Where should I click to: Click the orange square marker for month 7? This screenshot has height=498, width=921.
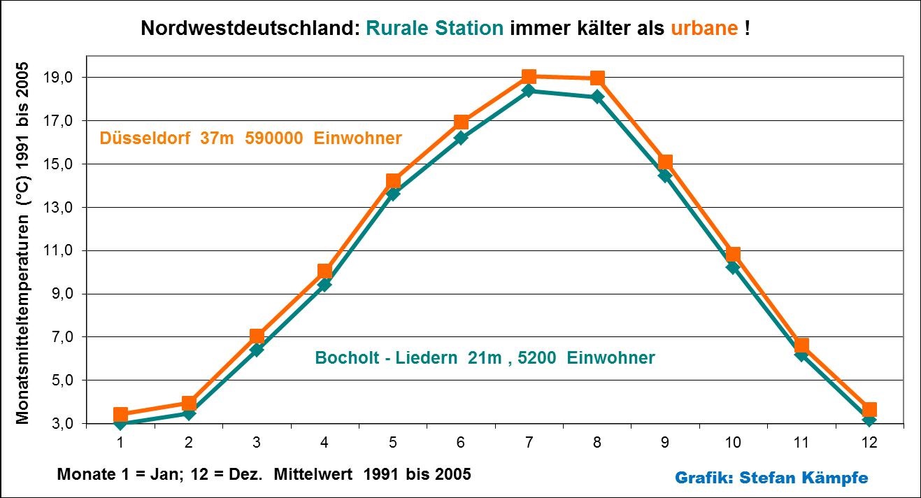(529, 76)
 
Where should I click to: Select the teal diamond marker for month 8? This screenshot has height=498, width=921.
(597, 97)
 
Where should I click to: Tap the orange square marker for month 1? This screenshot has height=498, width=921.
(120, 415)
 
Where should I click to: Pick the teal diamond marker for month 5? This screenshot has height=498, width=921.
(393, 193)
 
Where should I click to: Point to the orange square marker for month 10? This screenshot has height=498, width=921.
(733, 254)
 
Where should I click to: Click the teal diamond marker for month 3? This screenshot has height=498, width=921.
(257, 349)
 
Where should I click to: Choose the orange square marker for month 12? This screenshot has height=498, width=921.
(869, 410)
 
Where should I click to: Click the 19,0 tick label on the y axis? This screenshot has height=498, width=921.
(58, 78)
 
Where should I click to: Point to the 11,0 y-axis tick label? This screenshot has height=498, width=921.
(58, 251)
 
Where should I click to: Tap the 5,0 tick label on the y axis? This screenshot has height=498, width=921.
(61, 381)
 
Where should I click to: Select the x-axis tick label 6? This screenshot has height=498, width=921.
(461, 442)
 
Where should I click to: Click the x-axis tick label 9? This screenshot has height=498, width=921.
(665, 442)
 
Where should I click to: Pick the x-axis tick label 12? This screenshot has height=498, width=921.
(869, 442)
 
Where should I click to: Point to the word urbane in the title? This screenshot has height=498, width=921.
(704, 29)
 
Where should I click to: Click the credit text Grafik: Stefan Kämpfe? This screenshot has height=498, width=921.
(771, 478)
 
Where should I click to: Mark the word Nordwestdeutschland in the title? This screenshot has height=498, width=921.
(250, 29)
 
